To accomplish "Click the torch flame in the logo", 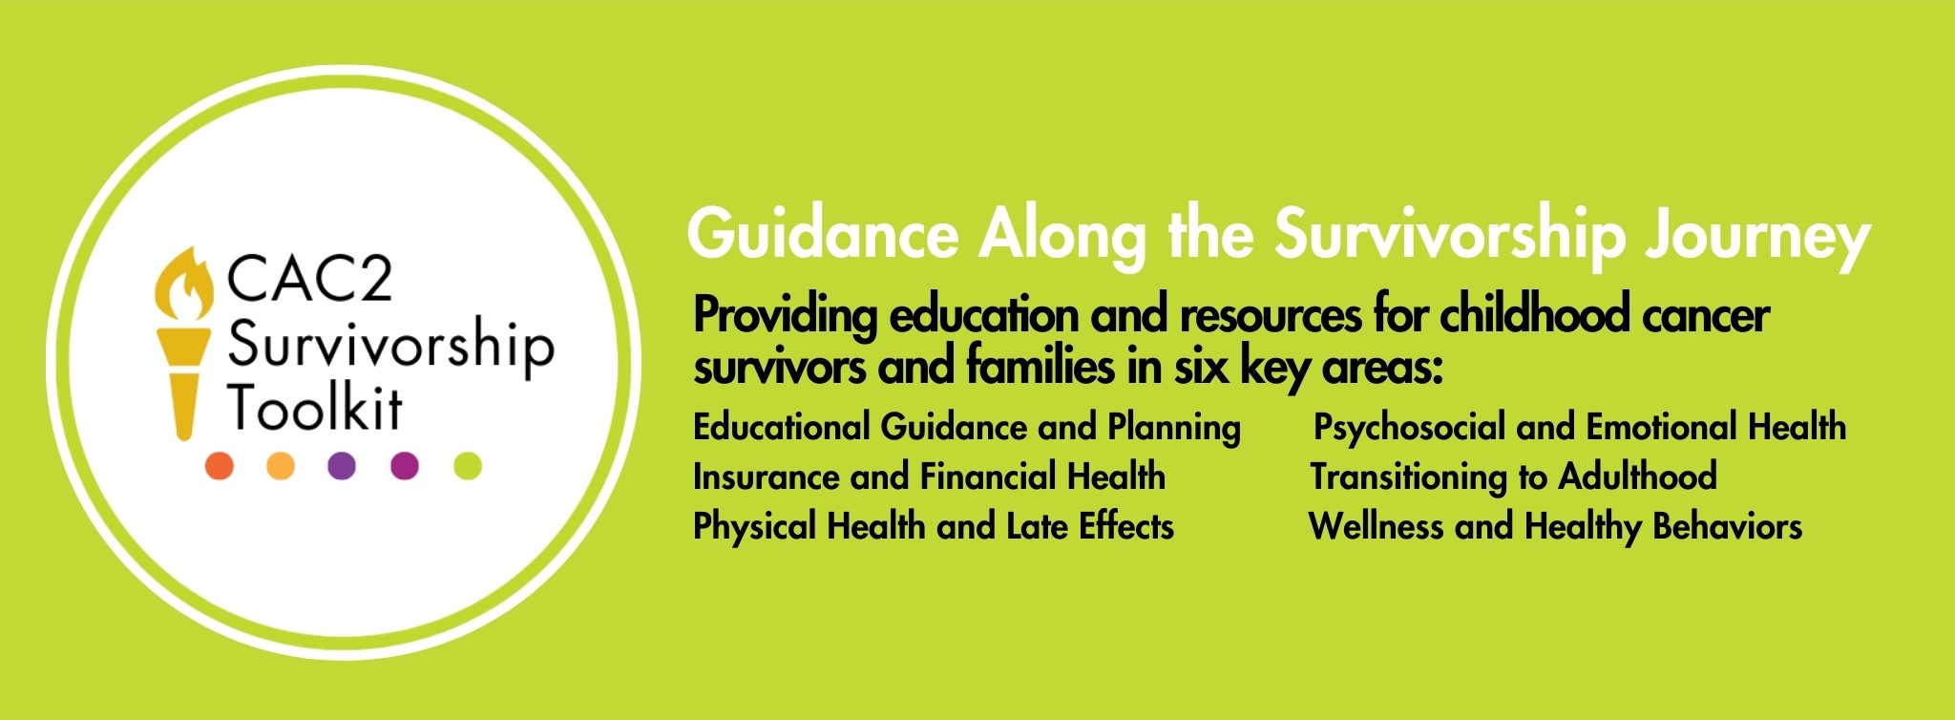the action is tap(185, 285).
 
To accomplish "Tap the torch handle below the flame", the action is tap(183, 382).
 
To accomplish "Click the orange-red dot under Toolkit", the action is tap(220, 466).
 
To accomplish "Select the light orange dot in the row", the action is tap(280, 466).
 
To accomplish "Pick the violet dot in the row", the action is tap(342, 466).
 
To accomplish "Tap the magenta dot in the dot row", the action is tap(405, 466).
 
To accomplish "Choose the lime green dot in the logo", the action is tap(468, 466).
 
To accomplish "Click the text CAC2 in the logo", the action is tap(309, 279).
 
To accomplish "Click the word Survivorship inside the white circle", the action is tap(390, 346).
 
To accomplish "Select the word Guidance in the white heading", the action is tap(823, 234).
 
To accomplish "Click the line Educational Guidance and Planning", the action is tap(967, 428).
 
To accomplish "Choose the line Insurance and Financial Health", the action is tap(930, 476).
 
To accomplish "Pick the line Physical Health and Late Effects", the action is tap(934, 526).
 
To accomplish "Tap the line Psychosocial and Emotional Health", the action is tap(1580, 428).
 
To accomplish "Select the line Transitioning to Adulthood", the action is tap(1514, 476).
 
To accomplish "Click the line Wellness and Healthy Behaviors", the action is tap(1556, 526).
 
